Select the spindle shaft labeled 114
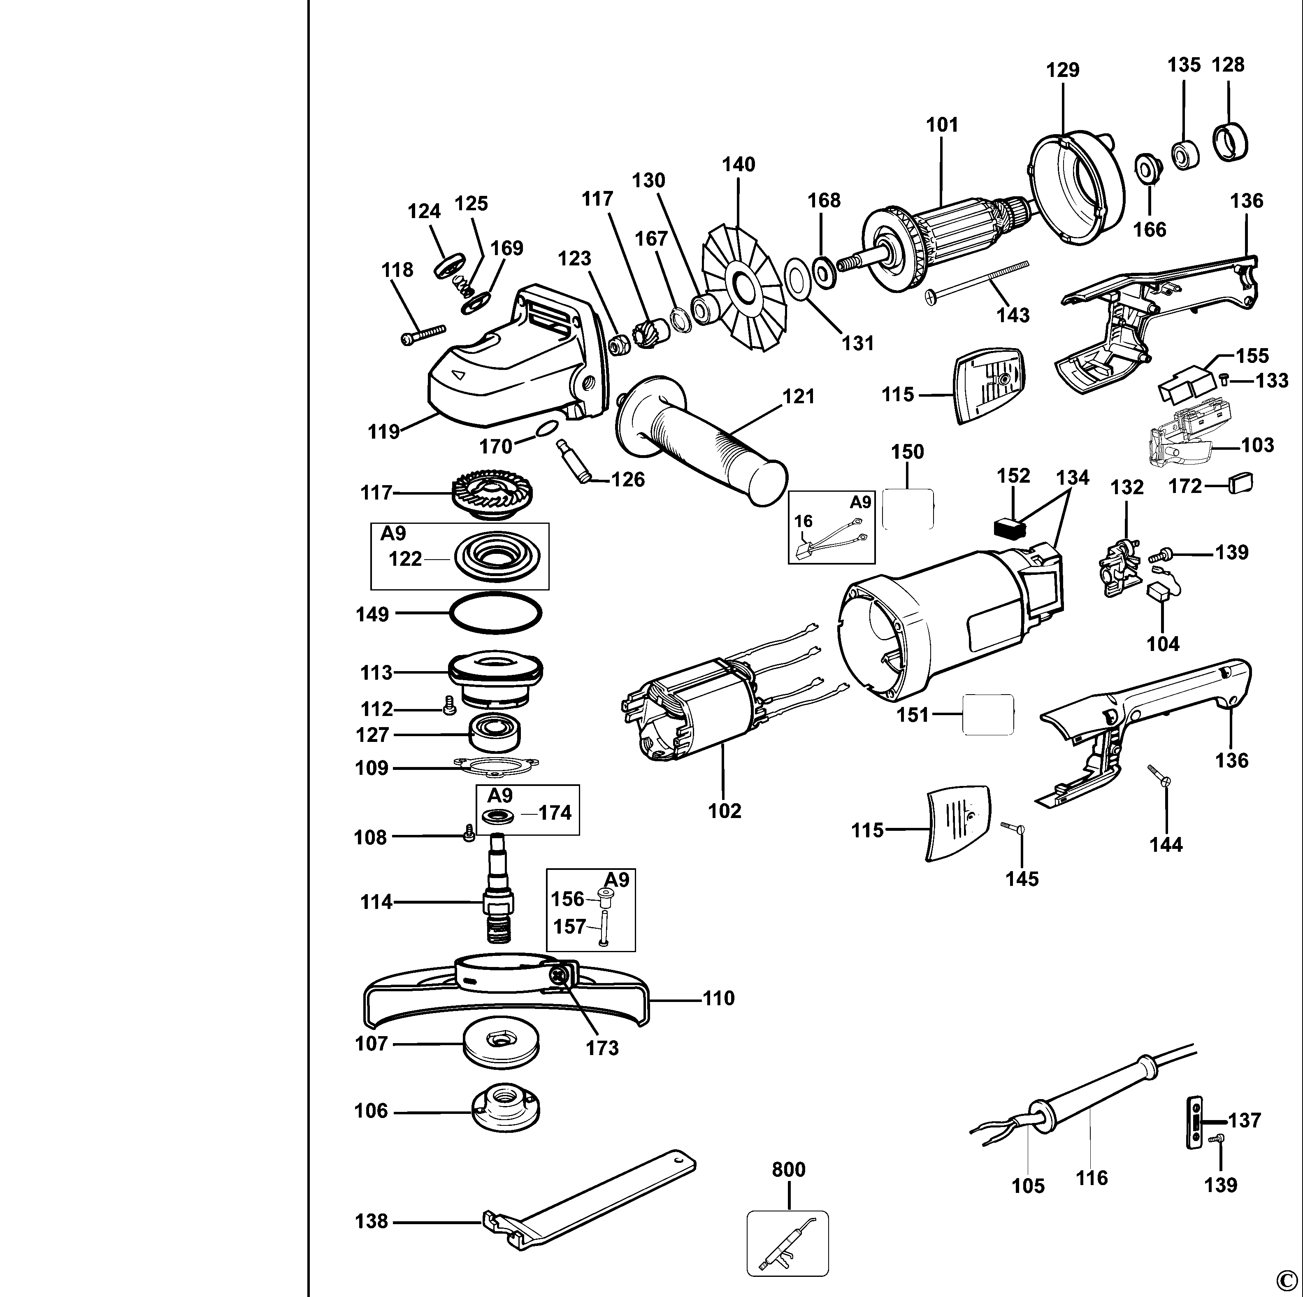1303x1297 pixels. coord(499,890)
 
